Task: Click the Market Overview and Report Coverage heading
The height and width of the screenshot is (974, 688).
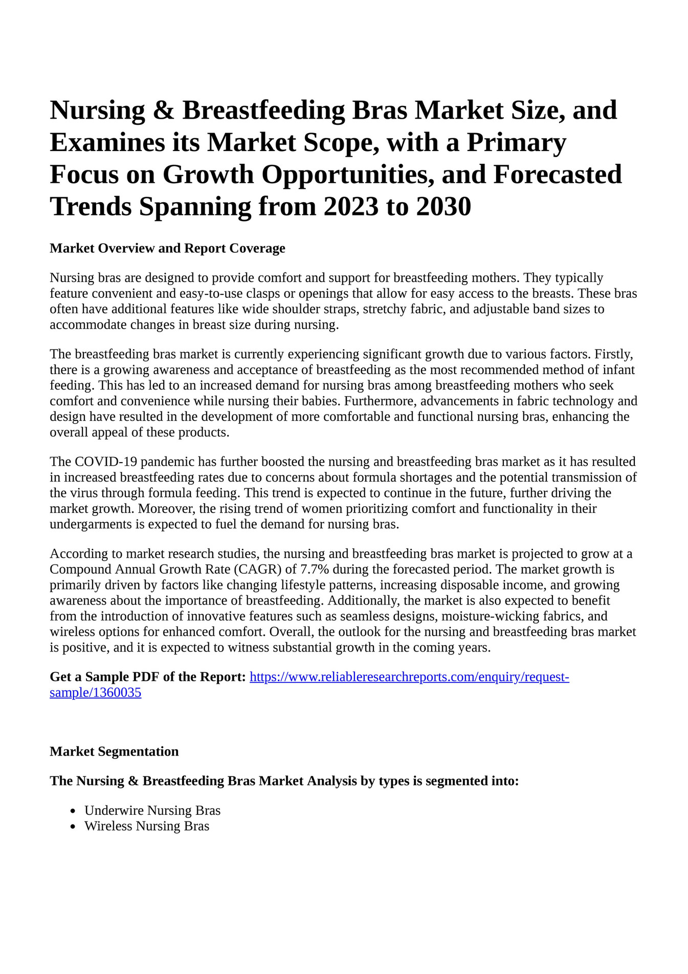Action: [x=167, y=249]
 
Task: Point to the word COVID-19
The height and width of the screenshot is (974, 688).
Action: [x=105, y=462]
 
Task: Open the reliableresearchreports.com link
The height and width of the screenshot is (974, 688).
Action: [x=409, y=677]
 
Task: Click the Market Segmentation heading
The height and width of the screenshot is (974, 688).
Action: [x=114, y=751]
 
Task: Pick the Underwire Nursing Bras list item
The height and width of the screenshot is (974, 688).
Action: [x=152, y=810]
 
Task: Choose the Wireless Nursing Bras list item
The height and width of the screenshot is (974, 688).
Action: [x=147, y=826]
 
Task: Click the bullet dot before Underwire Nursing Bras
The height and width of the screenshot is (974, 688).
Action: [x=73, y=811]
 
